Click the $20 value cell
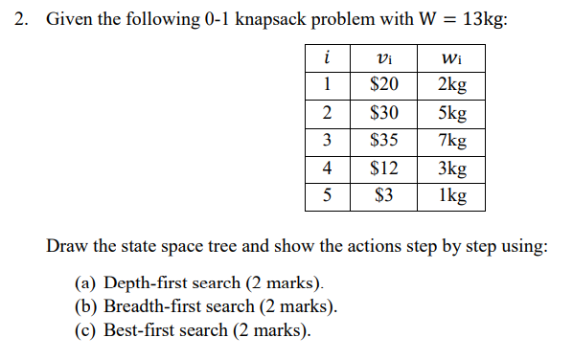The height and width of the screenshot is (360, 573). pos(384,85)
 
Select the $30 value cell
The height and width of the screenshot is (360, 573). pos(384,113)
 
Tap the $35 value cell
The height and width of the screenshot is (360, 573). pos(384,141)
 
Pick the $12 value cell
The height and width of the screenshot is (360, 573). pos(384,169)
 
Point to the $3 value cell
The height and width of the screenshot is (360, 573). pos(384,197)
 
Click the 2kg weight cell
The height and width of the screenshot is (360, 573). pos(450,85)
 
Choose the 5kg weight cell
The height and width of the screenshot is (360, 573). pos(450,113)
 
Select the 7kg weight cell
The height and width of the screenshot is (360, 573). pos(450,141)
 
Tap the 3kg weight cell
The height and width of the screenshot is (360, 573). pos(450,169)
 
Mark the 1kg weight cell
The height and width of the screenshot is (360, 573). pos(450,197)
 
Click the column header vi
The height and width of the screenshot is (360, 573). pos(384,58)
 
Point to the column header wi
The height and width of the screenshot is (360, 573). pos(450,58)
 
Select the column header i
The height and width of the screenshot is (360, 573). pos(328,58)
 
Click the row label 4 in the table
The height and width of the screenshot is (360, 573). pos(328,169)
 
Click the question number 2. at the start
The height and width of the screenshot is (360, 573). pos(22,20)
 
